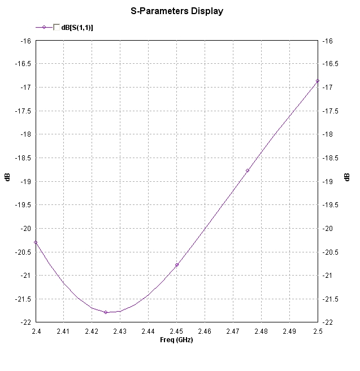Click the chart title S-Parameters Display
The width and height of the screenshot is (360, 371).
click(x=177, y=11)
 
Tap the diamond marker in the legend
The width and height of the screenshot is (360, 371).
click(x=44, y=27)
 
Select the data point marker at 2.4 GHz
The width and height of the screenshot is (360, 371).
click(x=36, y=242)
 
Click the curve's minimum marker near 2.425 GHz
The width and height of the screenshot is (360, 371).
click(x=106, y=312)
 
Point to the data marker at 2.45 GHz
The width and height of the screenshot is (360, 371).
click(x=177, y=265)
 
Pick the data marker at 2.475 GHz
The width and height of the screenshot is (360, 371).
click(x=248, y=171)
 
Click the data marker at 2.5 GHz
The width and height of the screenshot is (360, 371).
click(x=318, y=81)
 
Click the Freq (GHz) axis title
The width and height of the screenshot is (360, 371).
click(x=176, y=339)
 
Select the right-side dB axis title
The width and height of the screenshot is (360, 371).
click(x=347, y=177)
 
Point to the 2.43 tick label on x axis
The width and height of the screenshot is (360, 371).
click(x=120, y=331)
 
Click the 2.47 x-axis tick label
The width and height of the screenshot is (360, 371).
click(x=233, y=331)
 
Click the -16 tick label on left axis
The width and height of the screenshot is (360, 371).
click(x=25, y=41)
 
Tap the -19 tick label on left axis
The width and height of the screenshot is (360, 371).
click(x=25, y=182)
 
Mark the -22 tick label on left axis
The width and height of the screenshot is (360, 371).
click(x=25, y=322)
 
